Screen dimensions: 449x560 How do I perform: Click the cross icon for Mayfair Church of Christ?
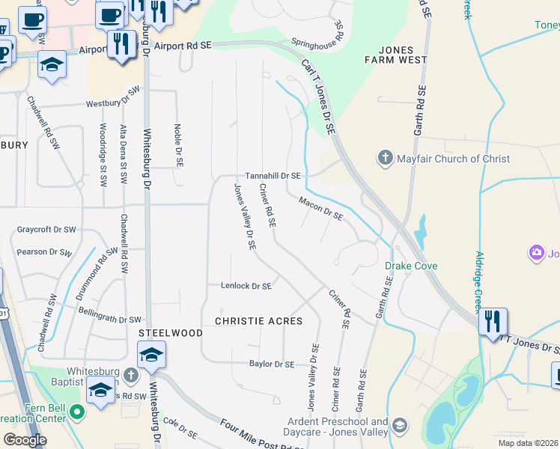[x=385, y=159]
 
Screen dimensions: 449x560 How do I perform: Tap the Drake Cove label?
[x=411, y=266]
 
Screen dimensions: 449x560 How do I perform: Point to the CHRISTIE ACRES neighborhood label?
[x=258, y=321]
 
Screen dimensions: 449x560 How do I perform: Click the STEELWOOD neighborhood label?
[x=170, y=332]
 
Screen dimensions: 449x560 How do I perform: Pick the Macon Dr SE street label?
[x=320, y=209]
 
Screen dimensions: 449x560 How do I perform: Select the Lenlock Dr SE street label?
[x=246, y=285]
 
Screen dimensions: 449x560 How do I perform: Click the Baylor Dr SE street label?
[x=272, y=364]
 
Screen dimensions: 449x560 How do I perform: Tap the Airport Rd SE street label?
[x=183, y=46]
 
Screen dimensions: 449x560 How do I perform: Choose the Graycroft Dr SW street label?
[x=46, y=230]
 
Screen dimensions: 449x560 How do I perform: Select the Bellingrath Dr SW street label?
[x=109, y=314]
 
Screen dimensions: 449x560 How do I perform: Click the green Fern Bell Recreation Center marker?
[x=76, y=412]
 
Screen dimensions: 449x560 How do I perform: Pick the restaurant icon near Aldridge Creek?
[x=493, y=321]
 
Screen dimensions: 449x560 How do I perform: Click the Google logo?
[x=25, y=440]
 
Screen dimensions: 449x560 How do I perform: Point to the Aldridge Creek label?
[x=481, y=278]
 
